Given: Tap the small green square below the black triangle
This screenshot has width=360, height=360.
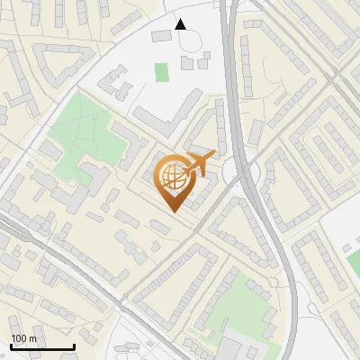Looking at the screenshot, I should pos(161,71).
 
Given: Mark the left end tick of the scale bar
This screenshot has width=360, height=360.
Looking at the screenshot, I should pos(11,346).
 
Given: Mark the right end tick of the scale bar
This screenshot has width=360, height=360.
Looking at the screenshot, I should pos(74,346).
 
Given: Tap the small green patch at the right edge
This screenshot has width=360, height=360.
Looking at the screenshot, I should pos(354,261).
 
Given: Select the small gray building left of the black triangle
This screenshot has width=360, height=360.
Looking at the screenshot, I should pos(161,35).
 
